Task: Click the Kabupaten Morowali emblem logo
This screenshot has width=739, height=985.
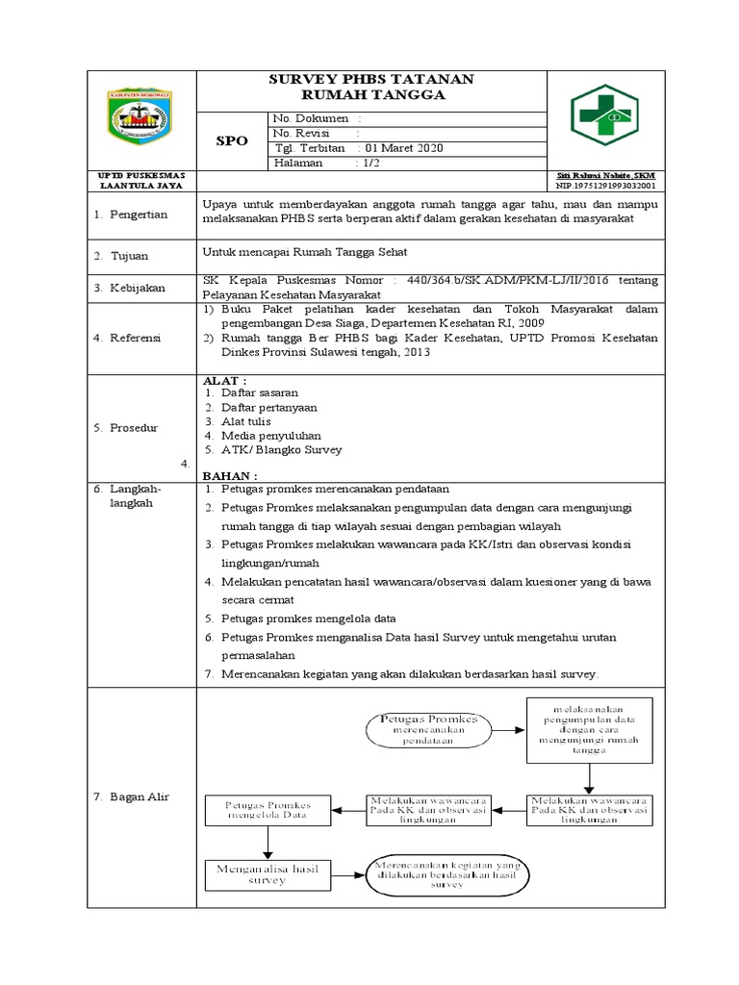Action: (x=140, y=120)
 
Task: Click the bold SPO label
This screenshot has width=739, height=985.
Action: (x=231, y=140)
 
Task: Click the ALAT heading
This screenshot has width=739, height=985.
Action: (x=224, y=381)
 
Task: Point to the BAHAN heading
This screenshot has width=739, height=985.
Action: (x=229, y=475)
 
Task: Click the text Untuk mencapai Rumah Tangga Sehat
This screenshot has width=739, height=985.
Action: (x=305, y=252)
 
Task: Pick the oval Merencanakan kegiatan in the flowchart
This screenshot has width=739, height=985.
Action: (x=448, y=872)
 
